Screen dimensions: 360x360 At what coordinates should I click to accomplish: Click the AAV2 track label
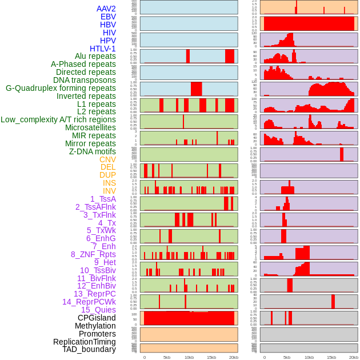point(106,9)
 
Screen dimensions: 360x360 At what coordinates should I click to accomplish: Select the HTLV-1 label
point(102,49)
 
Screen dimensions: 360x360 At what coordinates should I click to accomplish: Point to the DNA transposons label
point(84,80)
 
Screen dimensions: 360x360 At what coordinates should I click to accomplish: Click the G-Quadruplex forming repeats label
point(61,88)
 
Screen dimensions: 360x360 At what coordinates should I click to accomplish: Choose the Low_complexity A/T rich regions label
point(58,119)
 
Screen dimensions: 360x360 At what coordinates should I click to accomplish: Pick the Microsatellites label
point(90,127)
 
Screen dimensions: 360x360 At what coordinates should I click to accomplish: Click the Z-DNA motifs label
point(92,151)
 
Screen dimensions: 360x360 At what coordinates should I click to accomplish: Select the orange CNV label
point(107,159)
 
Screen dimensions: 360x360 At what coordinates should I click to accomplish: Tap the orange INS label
point(109,183)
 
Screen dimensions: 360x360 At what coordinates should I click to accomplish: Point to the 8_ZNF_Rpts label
point(93,254)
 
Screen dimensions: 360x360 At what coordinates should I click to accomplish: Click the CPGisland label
point(97,318)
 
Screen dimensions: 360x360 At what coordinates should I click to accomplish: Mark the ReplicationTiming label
point(84,342)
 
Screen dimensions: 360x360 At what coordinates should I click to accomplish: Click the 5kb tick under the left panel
point(167,357)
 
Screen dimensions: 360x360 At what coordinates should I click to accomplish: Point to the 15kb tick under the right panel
point(331,357)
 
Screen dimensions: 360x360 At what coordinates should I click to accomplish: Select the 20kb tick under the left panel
point(233,357)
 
